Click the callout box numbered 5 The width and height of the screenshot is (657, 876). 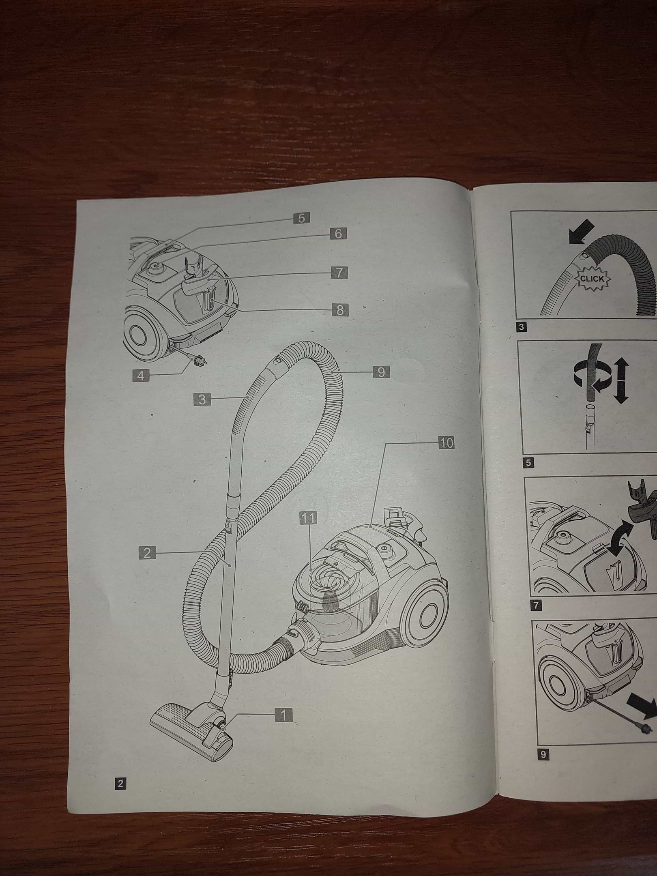pos(301,218)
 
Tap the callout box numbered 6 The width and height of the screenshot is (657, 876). pos(338,234)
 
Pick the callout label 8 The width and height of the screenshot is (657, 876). pos(340,310)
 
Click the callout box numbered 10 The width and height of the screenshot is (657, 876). pos(446,443)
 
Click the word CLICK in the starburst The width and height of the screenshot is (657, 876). pos(592,279)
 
